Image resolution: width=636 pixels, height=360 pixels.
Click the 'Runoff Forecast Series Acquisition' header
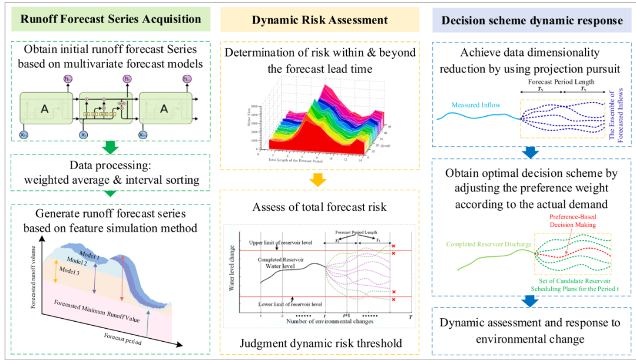tap(111, 19)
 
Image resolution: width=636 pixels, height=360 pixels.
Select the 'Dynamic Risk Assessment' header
tap(320, 20)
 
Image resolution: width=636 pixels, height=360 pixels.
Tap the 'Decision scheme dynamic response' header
tap(532, 20)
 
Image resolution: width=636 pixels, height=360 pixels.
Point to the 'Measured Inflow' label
tap(475, 105)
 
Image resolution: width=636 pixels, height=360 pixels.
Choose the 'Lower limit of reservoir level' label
tap(290, 305)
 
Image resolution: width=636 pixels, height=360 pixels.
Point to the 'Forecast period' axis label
tap(122, 337)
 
